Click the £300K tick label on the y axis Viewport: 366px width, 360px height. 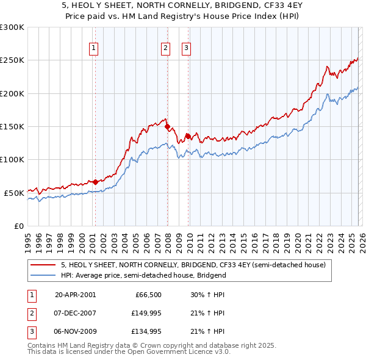coord(12,27)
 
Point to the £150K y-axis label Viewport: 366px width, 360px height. coord(12,126)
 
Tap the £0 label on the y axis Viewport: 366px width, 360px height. coord(19,226)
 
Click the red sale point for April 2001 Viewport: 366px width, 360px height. coord(95,182)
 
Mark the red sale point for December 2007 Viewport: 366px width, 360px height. coord(167,127)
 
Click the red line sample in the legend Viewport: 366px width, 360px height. coord(43,265)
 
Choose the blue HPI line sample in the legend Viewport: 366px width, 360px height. coord(43,275)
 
